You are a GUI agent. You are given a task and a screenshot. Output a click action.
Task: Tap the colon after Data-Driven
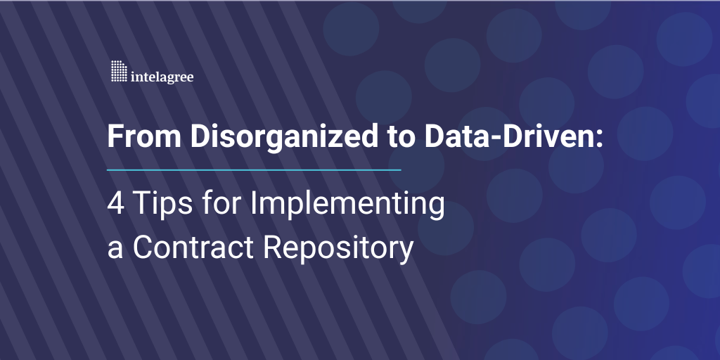600,139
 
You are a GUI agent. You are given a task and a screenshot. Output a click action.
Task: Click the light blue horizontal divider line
254,169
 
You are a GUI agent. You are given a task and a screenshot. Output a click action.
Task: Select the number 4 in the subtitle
115,204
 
